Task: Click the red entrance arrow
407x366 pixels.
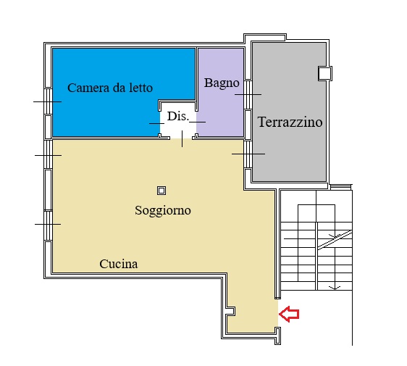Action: click(289, 314)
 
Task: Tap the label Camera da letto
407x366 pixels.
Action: click(110, 88)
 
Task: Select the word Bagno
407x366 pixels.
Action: click(222, 83)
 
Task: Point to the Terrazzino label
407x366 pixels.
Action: click(290, 122)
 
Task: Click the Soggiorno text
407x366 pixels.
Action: click(163, 210)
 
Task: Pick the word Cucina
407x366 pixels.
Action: click(119, 264)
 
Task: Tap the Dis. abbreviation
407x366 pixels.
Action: click(178, 117)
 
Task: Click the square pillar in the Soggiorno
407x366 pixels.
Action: click(161, 191)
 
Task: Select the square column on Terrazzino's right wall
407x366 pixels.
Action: click(324, 73)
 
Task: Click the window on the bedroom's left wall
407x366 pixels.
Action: click(49, 101)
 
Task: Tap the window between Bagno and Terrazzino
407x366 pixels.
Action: click(248, 94)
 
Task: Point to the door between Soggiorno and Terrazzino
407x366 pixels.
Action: click(248, 154)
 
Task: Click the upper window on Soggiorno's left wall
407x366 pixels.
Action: click(49, 155)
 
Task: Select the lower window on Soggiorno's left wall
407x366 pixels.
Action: click(49, 225)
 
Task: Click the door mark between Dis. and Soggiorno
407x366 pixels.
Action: click(182, 138)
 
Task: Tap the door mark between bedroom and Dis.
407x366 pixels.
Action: click(156, 123)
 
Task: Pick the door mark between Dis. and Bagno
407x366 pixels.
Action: click(198, 122)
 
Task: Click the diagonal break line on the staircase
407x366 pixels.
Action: click(335, 240)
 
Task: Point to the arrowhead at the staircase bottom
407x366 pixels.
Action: click(335, 288)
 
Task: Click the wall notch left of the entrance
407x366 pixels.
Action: click(231, 311)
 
